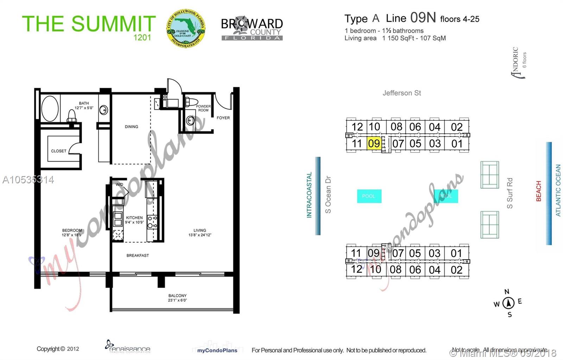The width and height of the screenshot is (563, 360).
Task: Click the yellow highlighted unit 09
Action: (374, 144)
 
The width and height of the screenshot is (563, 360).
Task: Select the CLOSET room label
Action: (58, 151)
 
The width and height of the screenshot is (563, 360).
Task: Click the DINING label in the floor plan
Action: (131, 127)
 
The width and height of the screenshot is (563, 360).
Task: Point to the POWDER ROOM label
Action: (203, 108)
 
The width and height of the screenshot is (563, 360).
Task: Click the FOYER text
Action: (223, 118)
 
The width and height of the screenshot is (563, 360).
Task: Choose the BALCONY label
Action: (177, 296)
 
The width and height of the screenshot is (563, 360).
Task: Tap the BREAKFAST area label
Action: (138, 255)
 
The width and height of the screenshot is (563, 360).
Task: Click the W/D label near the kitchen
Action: (120, 184)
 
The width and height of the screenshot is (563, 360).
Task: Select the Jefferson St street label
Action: (401, 93)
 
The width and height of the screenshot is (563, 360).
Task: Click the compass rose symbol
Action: (508, 303)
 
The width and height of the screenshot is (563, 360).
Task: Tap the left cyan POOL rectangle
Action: (369, 196)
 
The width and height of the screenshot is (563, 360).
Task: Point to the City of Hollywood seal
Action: (185, 29)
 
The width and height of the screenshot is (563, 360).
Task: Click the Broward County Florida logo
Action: (252, 29)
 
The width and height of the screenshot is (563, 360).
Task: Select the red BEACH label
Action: (538, 191)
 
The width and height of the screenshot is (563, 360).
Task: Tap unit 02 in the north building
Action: (457, 127)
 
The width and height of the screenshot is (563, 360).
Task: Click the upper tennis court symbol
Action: (489, 175)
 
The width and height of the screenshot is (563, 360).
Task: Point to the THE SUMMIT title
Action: (89, 24)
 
